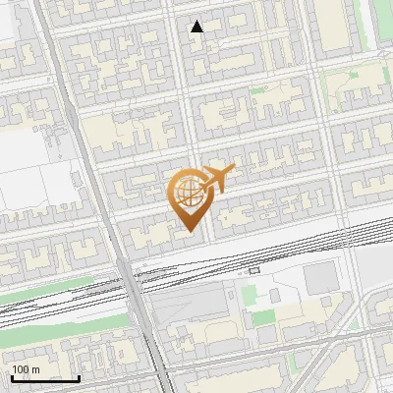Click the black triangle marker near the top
[x=197, y=27]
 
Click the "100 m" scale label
[x=26, y=368]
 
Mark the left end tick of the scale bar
[x=12, y=377]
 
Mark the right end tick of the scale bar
[x=79, y=377]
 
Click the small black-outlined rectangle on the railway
[x=254, y=269]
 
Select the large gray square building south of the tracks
[x=318, y=281]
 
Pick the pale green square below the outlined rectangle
[x=249, y=293]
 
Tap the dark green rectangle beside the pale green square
[x=263, y=317]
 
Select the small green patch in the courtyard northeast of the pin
[x=256, y=90]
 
